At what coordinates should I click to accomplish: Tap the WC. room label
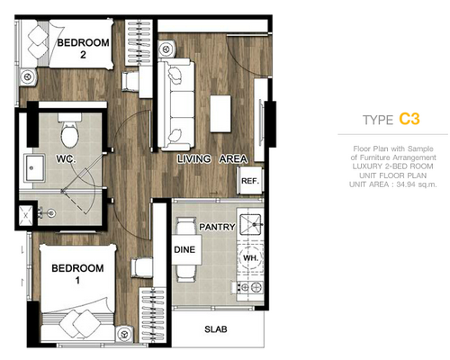66,158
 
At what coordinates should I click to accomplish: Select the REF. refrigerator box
250,181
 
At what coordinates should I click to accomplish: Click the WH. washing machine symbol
250,257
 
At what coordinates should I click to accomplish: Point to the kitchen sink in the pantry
250,224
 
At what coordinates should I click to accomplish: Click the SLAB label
216,329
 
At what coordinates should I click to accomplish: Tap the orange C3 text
409,119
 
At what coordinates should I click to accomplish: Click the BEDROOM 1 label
77,274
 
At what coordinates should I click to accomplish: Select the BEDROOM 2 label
83,48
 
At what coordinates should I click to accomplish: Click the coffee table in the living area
220,113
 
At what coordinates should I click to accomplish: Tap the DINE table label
184,249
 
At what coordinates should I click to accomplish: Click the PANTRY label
217,227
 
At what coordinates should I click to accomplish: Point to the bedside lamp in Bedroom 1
123,334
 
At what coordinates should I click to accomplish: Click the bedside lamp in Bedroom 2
28,76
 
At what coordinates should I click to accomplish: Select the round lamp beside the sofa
166,49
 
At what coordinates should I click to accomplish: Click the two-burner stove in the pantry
250,287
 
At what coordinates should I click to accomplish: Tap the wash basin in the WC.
35,168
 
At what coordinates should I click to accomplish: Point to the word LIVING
193,158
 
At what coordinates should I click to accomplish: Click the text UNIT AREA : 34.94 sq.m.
393,184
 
